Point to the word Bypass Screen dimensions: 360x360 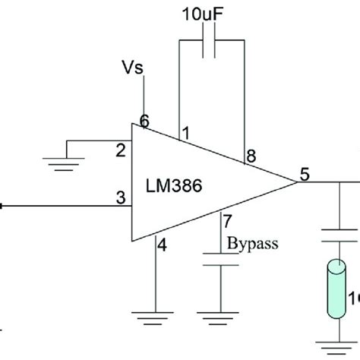click(x=253, y=244)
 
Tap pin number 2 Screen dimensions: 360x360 click(x=119, y=150)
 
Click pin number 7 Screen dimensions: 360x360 click(x=226, y=223)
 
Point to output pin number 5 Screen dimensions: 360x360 click(x=304, y=172)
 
